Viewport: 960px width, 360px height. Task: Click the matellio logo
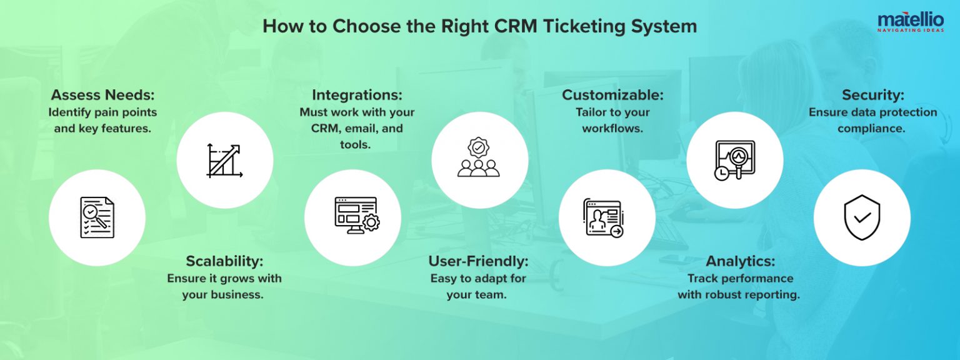(910, 21)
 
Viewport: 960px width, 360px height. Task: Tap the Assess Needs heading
(102, 95)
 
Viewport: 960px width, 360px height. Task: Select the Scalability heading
(224, 261)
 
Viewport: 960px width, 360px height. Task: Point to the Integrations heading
(357, 95)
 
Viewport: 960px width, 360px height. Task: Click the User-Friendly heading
(478, 261)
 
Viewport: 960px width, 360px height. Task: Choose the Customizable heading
(612, 95)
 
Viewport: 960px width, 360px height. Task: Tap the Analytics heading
(740, 261)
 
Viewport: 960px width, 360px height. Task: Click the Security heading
(872, 95)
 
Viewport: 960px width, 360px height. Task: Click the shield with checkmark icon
(862, 217)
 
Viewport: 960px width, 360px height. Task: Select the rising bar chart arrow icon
(224, 161)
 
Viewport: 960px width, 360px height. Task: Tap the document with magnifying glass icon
(97, 217)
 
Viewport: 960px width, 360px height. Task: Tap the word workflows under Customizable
(612, 128)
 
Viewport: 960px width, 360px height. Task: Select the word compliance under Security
(872, 128)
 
